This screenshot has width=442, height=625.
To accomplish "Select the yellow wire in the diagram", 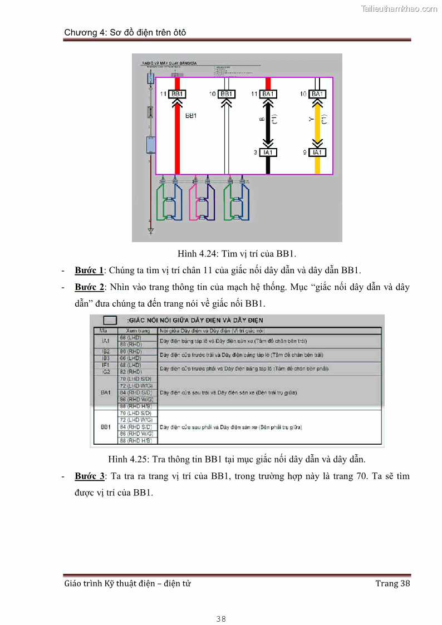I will click(317, 125).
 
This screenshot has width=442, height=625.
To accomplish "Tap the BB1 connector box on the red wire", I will click(178, 94).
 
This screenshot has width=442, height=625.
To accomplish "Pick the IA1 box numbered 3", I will click(268, 152).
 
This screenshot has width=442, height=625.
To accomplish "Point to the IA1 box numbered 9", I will click(317, 152).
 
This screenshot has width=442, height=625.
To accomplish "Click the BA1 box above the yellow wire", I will click(317, 94).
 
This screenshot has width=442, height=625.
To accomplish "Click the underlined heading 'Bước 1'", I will click(90, 271).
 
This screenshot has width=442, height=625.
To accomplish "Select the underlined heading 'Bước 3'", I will click(90, 477).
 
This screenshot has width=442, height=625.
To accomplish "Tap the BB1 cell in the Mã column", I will click(105, 427).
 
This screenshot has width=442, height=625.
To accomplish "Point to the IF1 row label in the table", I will click(105, 365).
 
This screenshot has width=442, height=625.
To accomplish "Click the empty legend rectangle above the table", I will click(110, 320).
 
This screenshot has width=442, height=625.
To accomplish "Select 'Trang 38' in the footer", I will click(392, 583).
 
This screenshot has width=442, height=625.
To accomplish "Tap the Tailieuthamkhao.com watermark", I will click(399, 9).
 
